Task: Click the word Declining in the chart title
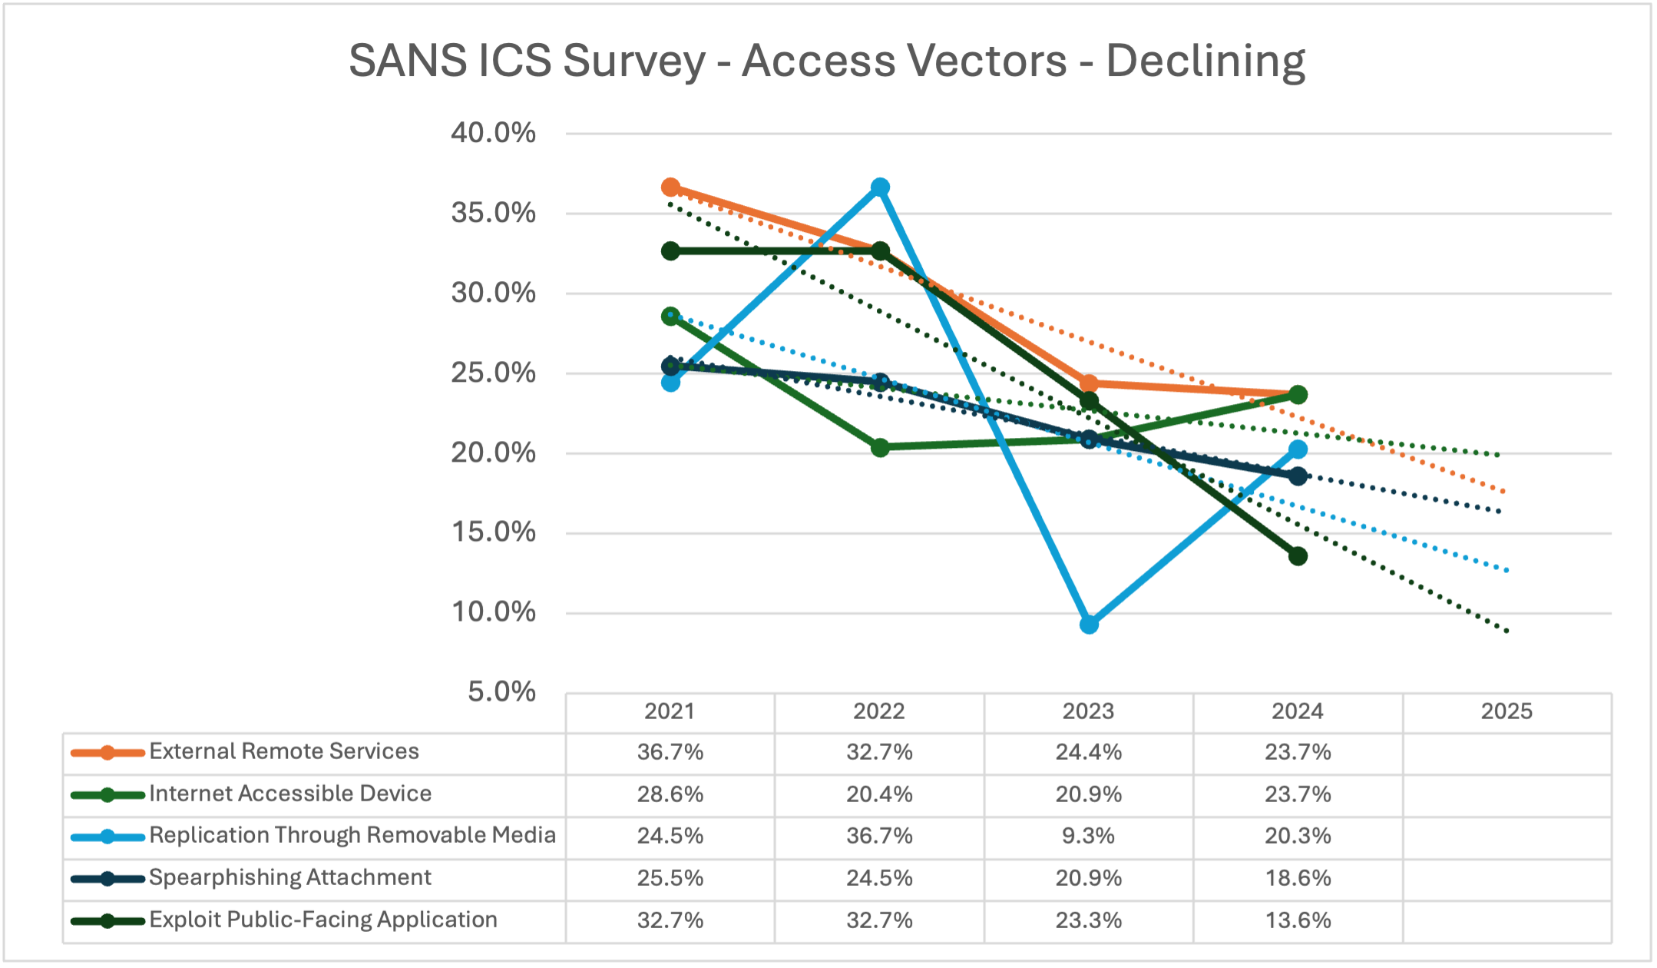[1205, 61]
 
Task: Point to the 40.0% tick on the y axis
[493, 133]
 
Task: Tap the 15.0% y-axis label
[493, 532]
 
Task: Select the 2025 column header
[1507, 711]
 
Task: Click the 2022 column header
[879, 711]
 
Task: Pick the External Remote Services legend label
[284, 751]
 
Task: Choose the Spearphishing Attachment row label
[290, 877]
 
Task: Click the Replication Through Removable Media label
[352, 835]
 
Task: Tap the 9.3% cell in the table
[1088, 836]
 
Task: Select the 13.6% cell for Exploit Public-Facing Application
[1298, 920]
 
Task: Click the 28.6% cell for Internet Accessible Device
[670, 794]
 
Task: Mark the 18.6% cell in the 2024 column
[1298, 878]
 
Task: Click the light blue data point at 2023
[1089, 625]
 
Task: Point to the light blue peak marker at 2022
[880, 187]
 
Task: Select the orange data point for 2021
[670, 187]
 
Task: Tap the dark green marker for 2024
[1298, 556]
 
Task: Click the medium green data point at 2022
[880, 447]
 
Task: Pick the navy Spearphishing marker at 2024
[1298, 476]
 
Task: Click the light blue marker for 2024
[1298, 449]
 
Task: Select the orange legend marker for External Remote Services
[107, 753]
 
